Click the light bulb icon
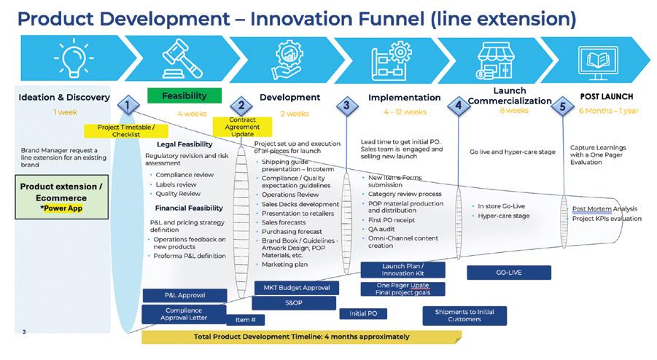tap(74, 58)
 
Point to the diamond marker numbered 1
tap(128, 105)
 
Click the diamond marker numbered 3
tap(347, 106)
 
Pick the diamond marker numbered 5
tap(563, 106)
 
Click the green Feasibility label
tap(184, 95)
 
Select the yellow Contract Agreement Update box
tap(242, 127)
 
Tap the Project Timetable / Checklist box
tap(126, 130)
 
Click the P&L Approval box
tap(184, 296)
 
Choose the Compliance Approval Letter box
tap(184, 314)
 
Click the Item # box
tap(245, 320)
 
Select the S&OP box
tap(294, 302)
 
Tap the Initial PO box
tap(363, 313)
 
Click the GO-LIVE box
tap(509, 273)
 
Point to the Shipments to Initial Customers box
tap(464, 316)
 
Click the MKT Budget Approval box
tap(297, 288)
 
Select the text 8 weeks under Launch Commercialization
tap(514, 111)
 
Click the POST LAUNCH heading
tap(606, 97)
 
